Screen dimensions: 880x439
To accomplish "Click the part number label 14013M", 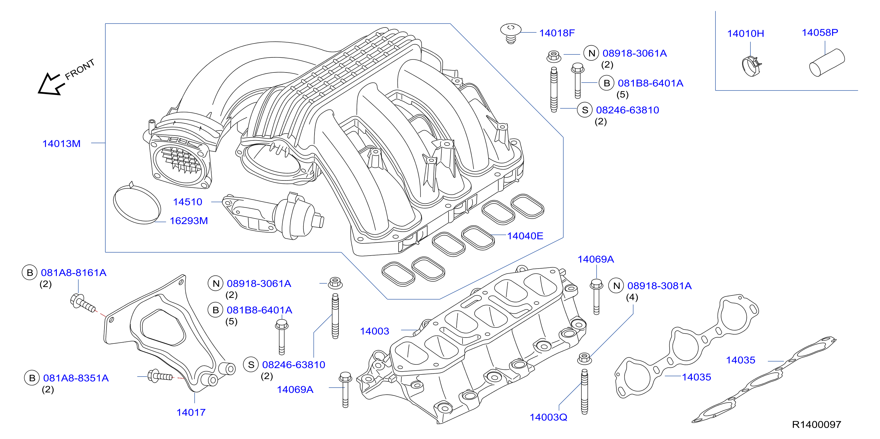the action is coord(62,143).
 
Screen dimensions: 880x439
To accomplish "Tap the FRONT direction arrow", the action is coord(51,84).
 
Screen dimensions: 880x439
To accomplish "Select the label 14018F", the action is coord(557,33).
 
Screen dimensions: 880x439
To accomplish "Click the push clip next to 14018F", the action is coord(511,33).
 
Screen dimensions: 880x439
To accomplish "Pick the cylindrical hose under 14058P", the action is coord(827,62).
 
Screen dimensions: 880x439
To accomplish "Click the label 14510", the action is coord(188,202).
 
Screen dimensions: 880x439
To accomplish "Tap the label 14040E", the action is coord(525,236).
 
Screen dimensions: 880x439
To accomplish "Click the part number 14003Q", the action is coord(548,417).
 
